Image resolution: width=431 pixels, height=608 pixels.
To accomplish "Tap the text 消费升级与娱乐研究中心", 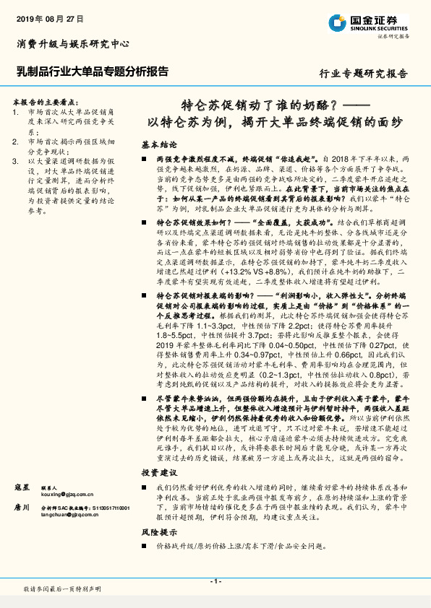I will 72,44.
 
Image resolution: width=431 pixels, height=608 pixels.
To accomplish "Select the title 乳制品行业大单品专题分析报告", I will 92,71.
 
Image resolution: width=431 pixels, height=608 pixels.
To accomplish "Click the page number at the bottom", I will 215,582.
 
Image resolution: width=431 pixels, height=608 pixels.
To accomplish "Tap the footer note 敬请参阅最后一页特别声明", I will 62,590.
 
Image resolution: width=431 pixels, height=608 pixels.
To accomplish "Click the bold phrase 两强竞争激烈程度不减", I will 197,157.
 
